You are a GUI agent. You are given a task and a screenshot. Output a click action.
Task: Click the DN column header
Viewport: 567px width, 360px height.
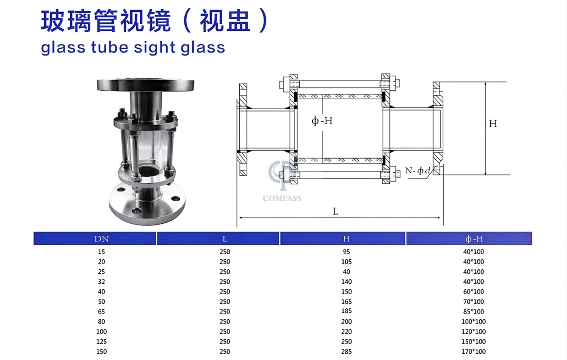click(x=102, y=239)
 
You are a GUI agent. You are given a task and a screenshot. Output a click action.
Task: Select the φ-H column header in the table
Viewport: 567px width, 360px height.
click(x=474, y=239)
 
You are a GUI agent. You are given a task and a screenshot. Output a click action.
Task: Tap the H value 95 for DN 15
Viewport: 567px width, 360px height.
click(x=346, y=252)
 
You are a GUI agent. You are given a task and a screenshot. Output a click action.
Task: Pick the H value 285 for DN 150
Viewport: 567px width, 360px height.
click(x=346, y=351)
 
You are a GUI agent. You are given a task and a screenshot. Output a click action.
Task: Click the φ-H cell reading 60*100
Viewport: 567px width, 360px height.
click(x=473, y=292)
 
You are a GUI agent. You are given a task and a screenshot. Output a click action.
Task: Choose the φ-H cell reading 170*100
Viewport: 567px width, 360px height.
click(x=473, y=351)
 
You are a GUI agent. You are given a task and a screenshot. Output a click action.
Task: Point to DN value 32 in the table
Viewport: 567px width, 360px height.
click(x=101, y=281)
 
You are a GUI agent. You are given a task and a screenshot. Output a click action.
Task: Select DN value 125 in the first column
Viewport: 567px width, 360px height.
click(x=101, y=341)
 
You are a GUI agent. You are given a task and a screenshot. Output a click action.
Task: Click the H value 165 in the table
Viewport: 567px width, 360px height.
click(x=346, y=301)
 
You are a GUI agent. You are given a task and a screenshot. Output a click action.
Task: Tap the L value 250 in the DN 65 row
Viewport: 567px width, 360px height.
click(x=225, y=311)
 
